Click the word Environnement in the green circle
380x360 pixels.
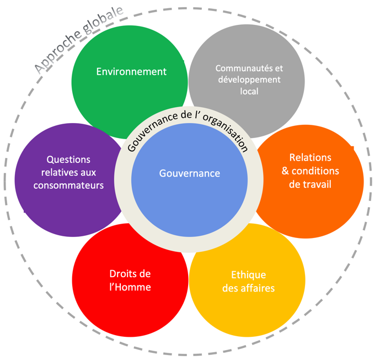(131, 72)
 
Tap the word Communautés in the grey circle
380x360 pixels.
(243, 68)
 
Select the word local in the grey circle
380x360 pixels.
(249, 91)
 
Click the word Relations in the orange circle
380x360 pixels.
(310, 157)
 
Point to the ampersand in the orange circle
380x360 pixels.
(285, 171)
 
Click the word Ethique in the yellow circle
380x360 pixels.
(248, 275)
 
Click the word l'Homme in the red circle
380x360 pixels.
(130, 287)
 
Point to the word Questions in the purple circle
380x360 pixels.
(68, 160)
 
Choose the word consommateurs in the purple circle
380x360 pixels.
(68, 186)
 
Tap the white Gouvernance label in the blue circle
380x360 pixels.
(190, 173)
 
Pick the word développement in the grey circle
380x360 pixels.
(249, 80)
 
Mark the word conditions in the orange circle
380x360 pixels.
(315, 171)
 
